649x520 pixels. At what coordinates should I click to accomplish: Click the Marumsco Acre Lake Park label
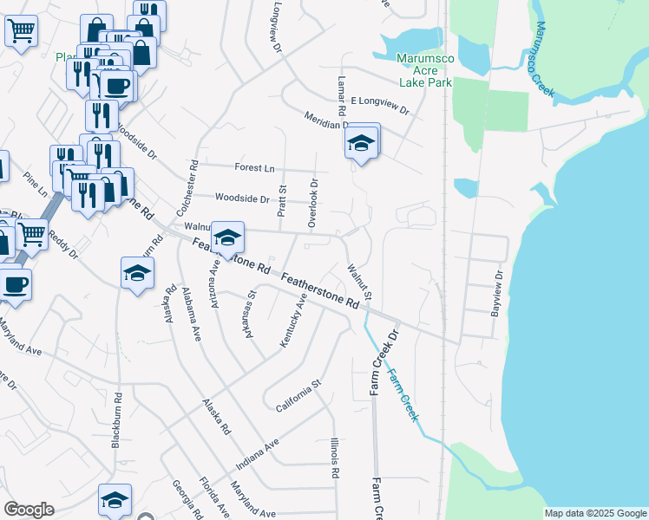point(425,70)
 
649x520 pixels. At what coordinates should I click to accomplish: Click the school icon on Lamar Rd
point(361,144)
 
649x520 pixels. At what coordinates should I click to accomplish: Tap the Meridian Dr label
point(324,121)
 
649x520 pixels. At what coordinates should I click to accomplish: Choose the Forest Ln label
point(253,166)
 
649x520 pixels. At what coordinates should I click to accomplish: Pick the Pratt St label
point(282,200)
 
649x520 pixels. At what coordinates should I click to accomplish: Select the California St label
point(298,394)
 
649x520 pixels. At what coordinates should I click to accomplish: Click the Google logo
point(29,510)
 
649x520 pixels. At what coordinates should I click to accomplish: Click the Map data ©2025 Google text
point(595,513)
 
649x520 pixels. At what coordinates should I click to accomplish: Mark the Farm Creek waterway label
point(403,395)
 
